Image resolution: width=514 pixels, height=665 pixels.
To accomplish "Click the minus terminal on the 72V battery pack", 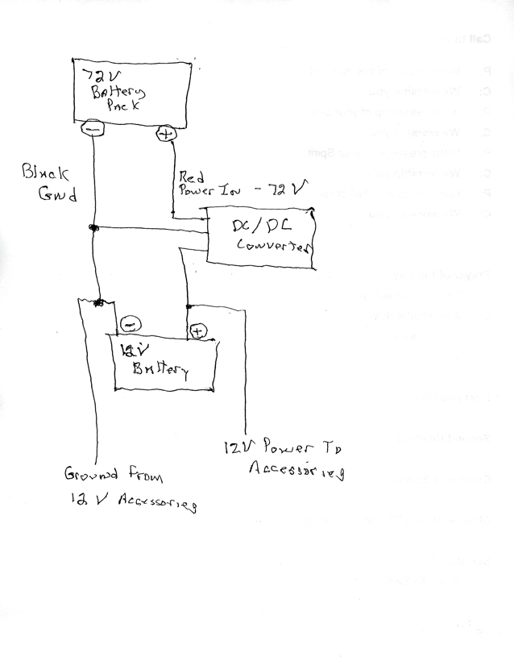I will pyautogui.click(x=93, y=127).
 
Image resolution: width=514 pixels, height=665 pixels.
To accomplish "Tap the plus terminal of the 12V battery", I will pyautogui.click(x=198, y=330).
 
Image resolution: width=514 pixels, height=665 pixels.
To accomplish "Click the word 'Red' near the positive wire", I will pyautogui.click(x=192, y=176).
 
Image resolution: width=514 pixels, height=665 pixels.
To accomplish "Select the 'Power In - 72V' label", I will pyautogui.click(x=241, y=192).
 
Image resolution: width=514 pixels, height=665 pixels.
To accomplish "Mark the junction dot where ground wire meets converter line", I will pyautogui.click(x=93, y=228).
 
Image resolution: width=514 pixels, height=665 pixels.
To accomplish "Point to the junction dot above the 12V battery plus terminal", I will pyautogui.click(x=188, y=306).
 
